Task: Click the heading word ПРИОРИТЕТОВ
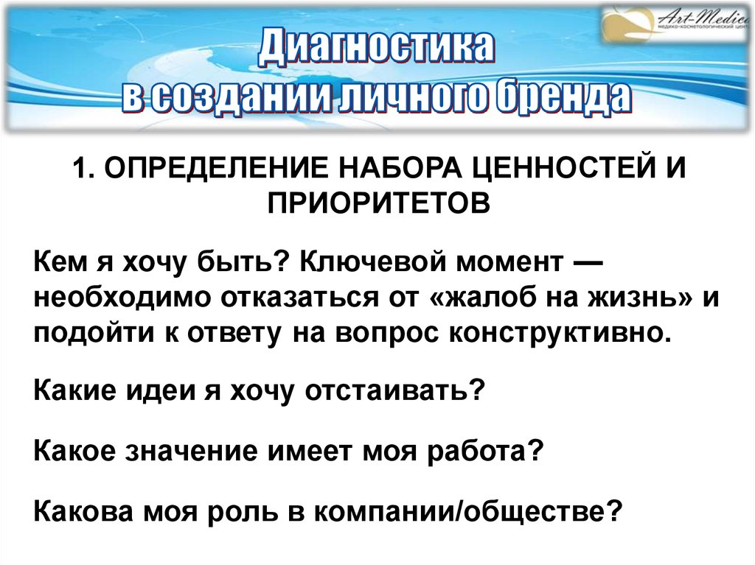coord(377,201)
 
